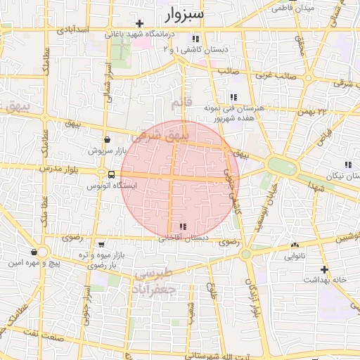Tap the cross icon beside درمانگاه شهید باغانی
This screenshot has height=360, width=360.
coord(140,23)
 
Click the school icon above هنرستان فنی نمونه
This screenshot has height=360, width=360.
coord(233,97)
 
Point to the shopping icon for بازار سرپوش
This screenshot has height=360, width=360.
coord(106,139)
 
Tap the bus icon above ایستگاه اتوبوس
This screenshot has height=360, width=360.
coord(111,174)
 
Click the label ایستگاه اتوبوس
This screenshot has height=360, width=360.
coord(111,186)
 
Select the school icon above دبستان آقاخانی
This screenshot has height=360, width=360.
coord(183,226)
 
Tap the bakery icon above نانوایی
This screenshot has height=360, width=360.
coord(294,245)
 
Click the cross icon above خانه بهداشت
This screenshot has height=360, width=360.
coord(323,269)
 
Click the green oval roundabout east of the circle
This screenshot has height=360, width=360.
coord(283,166)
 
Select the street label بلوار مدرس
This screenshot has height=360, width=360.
coord(56,171)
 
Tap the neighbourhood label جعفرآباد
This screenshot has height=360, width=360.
coord(154,288)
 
